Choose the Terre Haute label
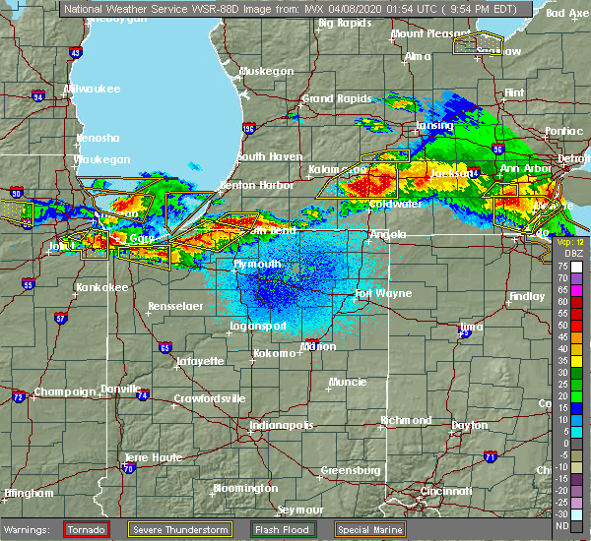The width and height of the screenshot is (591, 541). (149, 458)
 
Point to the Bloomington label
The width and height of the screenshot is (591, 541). (245, 488)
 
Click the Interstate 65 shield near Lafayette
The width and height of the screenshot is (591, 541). (165, 346)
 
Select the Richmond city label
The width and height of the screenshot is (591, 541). (406, 420)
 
